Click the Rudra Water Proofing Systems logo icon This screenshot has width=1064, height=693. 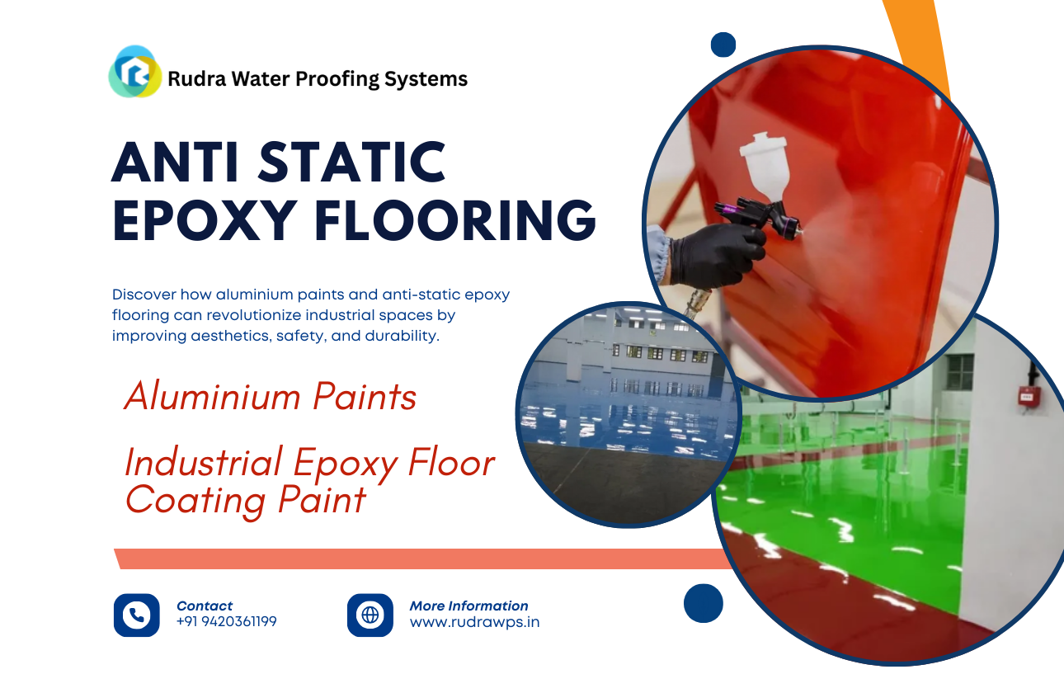point(135,73)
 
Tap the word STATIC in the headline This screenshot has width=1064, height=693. point(351,163)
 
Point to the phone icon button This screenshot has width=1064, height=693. point(136,615)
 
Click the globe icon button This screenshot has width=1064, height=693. point(370,615)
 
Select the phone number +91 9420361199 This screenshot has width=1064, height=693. point(227,622)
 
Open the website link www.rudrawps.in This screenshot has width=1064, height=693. point(474,622)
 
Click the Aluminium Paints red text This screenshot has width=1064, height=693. point(270,397)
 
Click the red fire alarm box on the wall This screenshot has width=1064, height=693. point(1029,396)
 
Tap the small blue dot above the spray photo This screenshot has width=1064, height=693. point(723,45)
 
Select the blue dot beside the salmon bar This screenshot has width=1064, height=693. point(703,603)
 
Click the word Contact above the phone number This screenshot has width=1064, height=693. point(205,606)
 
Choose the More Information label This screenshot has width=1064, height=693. point(468,606)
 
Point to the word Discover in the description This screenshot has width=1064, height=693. point(144,295)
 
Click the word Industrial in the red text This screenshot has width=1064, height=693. point(203,463)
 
